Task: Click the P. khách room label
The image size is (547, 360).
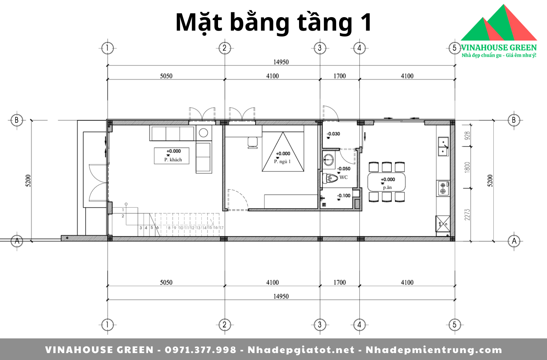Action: [173, 160]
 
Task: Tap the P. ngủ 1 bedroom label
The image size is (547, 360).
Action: [282, 162]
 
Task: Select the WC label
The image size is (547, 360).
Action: [344, 177]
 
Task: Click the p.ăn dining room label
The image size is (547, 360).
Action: [387, 187]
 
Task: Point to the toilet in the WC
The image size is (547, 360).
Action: [330, 178]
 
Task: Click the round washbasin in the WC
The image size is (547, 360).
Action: [329, 160]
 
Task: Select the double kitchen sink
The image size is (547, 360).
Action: [443, 146]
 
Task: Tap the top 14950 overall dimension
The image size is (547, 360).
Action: [281, 62]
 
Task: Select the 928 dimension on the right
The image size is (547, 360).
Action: [467, 136]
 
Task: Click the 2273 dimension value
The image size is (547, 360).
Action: [467, 215]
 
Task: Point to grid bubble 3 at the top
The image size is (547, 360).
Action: [320, 48]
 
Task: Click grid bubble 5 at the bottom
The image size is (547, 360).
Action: [454, 325]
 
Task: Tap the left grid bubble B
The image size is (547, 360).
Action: [17, 120]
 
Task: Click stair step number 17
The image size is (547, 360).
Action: [221, 228]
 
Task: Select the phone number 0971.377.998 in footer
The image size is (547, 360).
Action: [201, 350]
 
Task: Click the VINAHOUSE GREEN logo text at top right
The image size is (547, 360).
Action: [499, 47]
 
